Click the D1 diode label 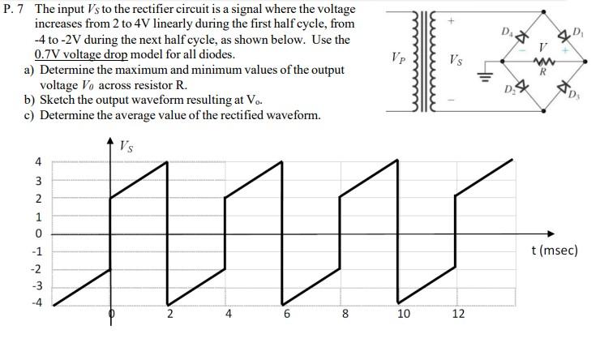(x=577, y=32)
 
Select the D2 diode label (x=512, y=85)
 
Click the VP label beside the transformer (x=397, y=60)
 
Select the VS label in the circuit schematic (x=457, y=60)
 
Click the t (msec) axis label (x=555, y=251)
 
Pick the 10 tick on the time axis (x=403, y=315)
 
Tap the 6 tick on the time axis (x=287, y=315)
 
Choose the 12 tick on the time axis (x=458, y=315)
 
